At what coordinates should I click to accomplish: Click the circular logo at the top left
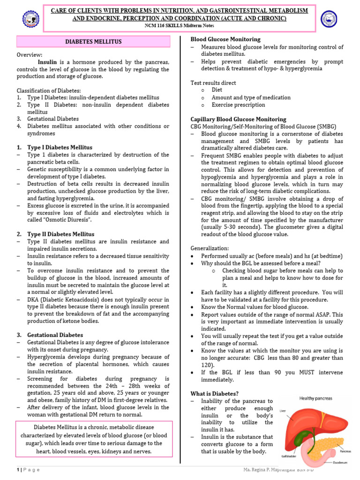(x=31, y=19)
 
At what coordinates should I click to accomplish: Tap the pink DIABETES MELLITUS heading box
(x=93, y=42)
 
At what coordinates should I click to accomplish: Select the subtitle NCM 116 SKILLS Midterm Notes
(x=180, y=26)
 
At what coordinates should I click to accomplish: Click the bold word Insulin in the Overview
(x=47, y=62)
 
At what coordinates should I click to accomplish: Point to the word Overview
(x=30, y=55)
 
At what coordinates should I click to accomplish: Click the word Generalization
(x=210, y=248)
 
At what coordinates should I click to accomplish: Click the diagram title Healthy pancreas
(x=315, y=398)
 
